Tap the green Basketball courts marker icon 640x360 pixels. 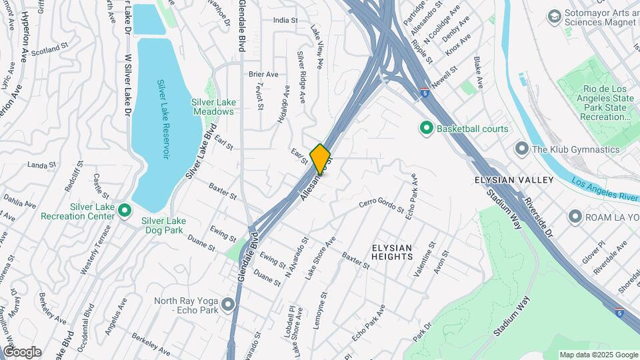425,128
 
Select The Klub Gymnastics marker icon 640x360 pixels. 521,149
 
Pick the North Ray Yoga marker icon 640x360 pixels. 229,305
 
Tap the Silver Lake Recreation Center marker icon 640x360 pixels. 124,211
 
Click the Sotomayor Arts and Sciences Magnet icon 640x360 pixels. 554,15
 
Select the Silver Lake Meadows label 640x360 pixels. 213,107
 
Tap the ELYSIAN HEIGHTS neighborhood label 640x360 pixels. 402,252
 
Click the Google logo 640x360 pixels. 21,352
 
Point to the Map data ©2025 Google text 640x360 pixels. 598,355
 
